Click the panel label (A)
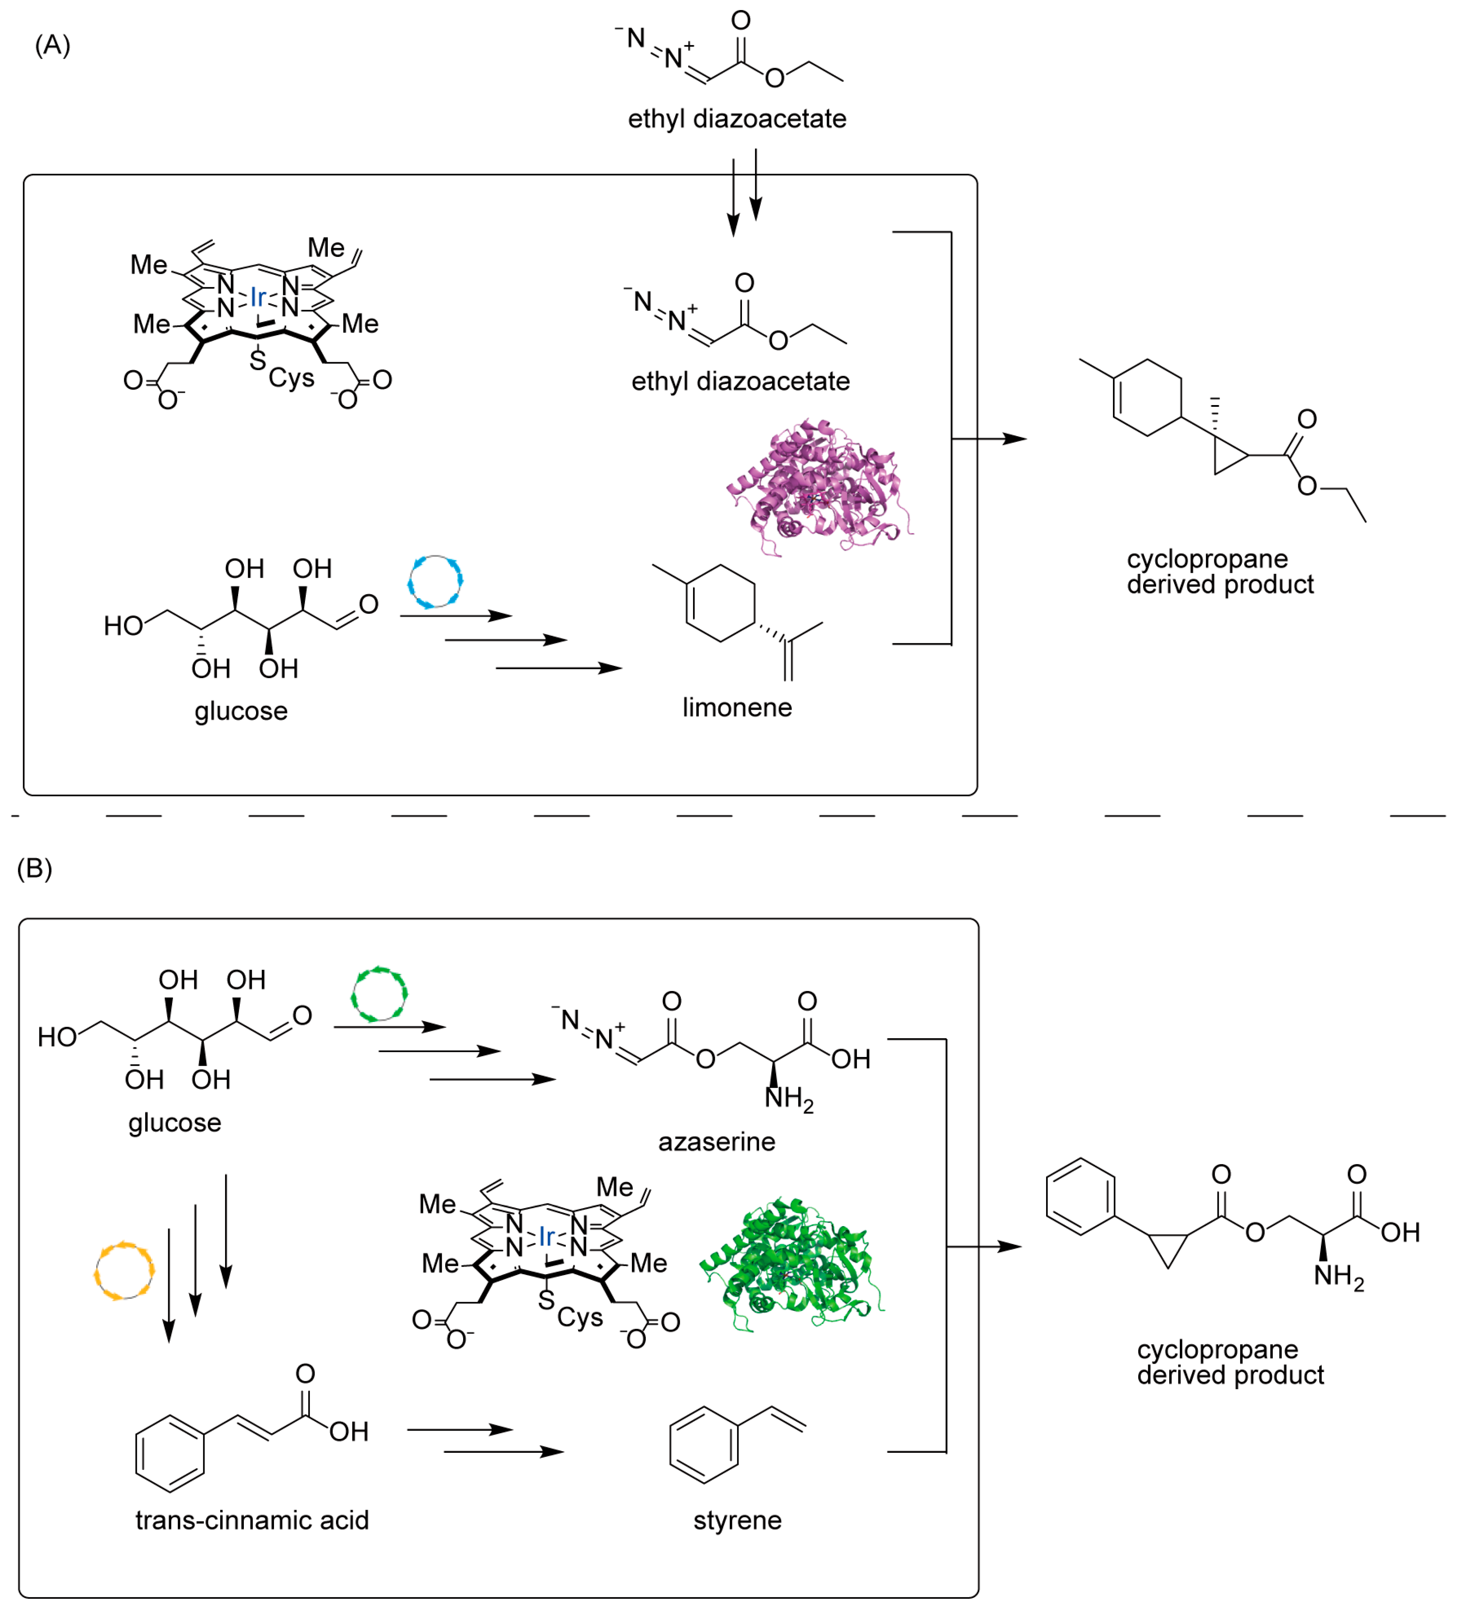pyautogui.click(x=52, y=45)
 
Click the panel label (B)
pyautogui.click(x=35, y=868)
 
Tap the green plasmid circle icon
pyautogui.click(x=379, y=994)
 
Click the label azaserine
pyautogui.click(x=716, y=1141)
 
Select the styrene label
pyautogui.click(x=737, y=1521)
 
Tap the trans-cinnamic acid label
pyautogui.click(x=252, y=1521)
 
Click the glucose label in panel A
pyautogui.click(x=240, y=710)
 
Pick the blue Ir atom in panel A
pyautogui.click(x=258, y=297)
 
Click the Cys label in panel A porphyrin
pyautogui.click(x=291, y=378)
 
